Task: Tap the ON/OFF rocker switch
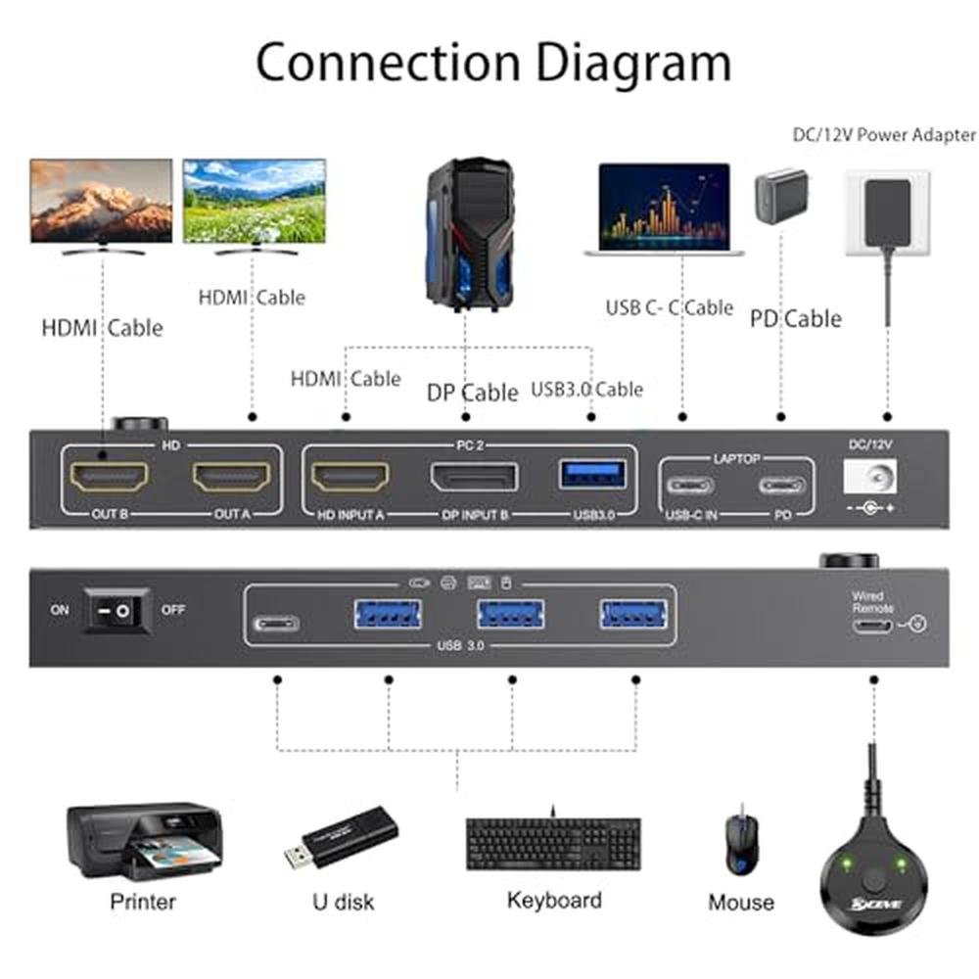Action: pos(116,610)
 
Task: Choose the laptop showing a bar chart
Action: pos(665,210)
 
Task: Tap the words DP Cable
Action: pos(472,393)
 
